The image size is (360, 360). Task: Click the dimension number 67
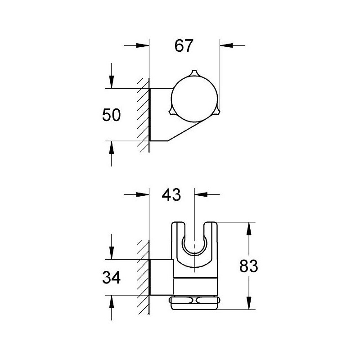[x=184, y=46]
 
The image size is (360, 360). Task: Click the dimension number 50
[x=111, y=115]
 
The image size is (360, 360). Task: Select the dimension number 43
[x=171, y=195]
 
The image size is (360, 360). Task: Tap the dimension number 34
[x=111, y=277]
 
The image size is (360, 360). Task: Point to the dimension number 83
[x=249, y=266]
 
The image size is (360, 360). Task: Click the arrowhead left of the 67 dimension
[x=143, y=45]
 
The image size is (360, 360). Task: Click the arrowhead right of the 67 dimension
[x=226, y=45]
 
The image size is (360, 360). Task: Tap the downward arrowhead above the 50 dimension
[x=112, y=82]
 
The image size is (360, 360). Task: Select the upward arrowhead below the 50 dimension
[x=112, y=148]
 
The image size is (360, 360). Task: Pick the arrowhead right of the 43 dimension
[x=201, y=194]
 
